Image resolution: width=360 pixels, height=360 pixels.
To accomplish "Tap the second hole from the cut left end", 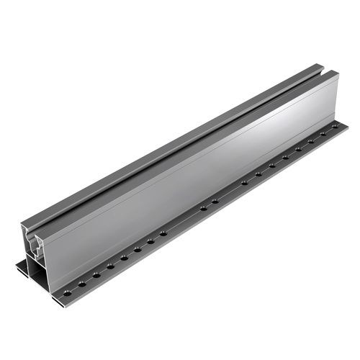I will point(82,284).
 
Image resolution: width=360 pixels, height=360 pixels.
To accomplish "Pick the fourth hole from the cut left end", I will point(110,266).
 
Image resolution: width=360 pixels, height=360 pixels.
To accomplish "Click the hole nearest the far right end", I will point(334,126).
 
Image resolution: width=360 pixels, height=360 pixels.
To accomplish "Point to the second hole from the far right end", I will point(323,133).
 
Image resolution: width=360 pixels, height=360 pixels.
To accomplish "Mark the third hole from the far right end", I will point(310,140).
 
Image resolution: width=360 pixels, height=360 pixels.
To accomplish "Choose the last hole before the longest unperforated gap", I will point(163,233).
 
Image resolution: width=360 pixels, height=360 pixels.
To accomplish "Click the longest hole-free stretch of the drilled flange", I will point(184,220).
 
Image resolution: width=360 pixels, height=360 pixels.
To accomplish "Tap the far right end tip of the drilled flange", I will point(346,123).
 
